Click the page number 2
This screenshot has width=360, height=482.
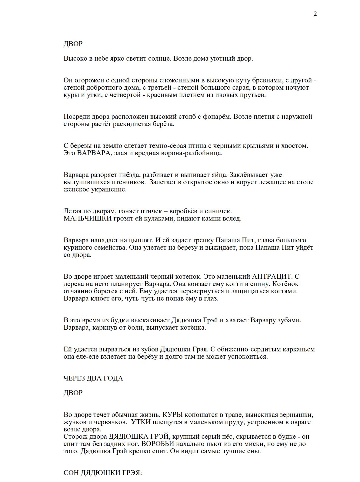click(x=315, y=14)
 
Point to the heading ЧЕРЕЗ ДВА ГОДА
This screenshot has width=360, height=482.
click(x=93, y=378)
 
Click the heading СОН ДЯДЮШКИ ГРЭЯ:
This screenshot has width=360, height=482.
click(x=103, y=473)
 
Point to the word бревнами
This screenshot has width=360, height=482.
click(x=268, y=80)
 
